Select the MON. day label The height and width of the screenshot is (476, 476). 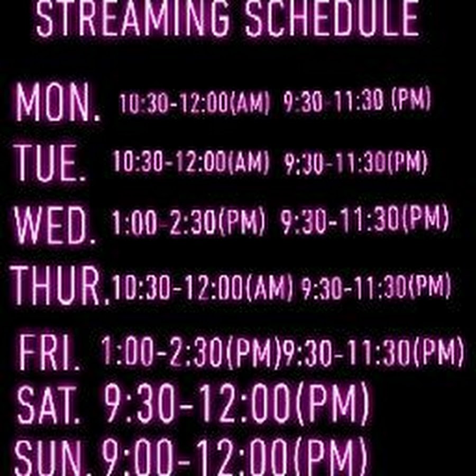click(x=58, y=102)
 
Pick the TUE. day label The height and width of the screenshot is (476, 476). click(x=49, y=163)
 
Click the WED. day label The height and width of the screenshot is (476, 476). click(x=54, y=225)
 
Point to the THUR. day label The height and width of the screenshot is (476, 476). click(x=60, y=286)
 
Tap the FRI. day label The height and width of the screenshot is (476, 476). click(x=49, y=352)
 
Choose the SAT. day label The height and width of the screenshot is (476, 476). click(x=48, y=405)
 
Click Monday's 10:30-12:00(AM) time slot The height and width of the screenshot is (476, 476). click(x=194, y=103)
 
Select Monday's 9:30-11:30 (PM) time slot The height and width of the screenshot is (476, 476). click(x=357, y=100)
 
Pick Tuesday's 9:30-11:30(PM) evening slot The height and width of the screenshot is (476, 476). click(x=356, y=163)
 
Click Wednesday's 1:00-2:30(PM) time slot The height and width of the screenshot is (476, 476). click(x=188, y=221)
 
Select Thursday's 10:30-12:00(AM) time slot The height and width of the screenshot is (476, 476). click(x=202, y=287)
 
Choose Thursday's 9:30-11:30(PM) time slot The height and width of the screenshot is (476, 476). click(x=376, y=286)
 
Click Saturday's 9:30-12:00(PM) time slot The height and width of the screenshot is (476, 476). click(x=236, y=404)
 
